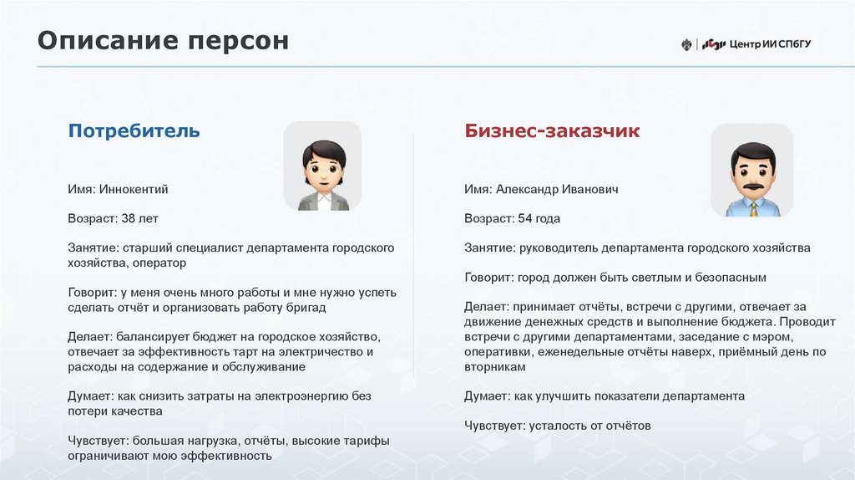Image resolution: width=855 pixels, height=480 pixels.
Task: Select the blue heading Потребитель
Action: (x=134, y=131)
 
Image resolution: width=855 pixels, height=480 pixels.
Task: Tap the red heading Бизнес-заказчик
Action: (x=552, y=131)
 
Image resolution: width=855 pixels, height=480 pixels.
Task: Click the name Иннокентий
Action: (x=134, y=190)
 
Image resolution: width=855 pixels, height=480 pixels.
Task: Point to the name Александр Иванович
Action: (x=557, y=190)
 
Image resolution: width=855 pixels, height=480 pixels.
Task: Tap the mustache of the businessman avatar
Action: (x=752, y=183)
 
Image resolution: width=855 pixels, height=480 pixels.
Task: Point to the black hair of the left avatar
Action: (x=323, y=151)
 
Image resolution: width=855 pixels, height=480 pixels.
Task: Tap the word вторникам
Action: (x=496, y=367)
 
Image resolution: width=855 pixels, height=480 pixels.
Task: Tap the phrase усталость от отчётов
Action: (x=589, y=426)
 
